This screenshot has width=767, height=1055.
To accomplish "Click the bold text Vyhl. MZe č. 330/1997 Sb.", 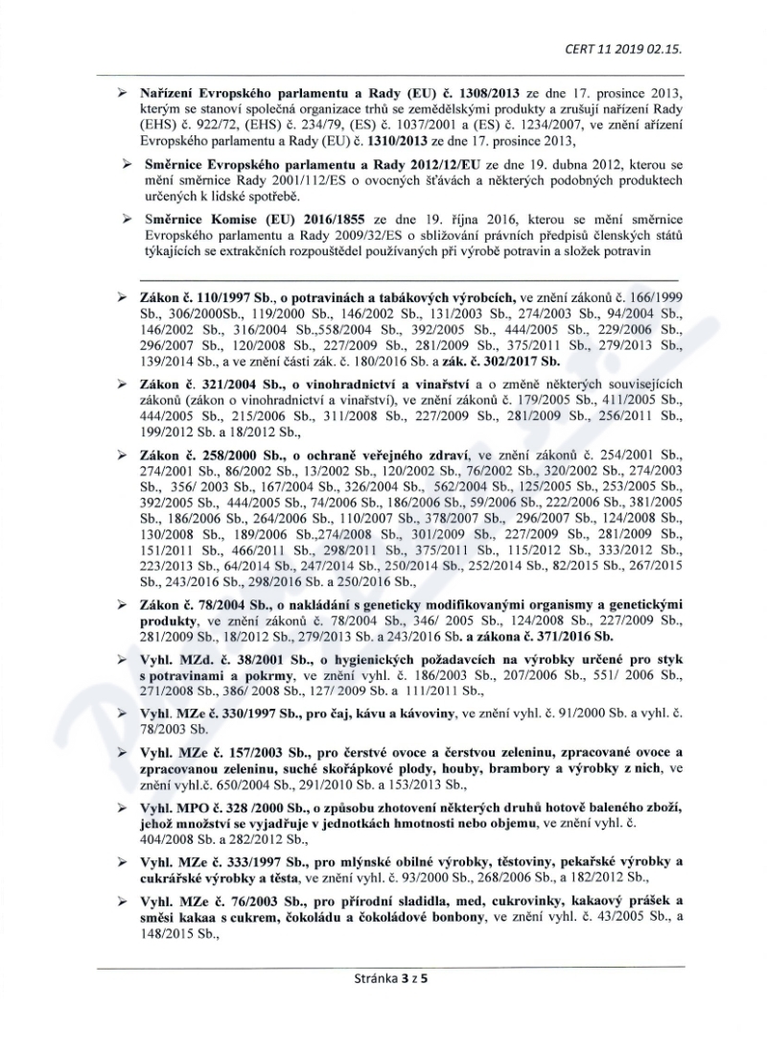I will [x=216, y=714].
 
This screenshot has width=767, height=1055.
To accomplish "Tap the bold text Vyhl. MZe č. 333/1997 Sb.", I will [x=216, y=861].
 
